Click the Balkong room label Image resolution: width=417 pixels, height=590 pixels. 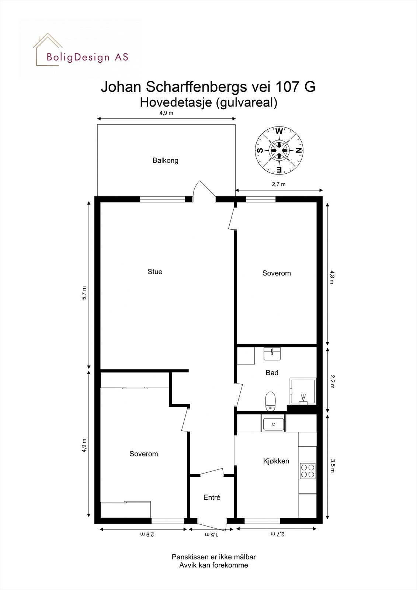point(166,160)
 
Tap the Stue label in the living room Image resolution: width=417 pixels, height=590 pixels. point(155,272)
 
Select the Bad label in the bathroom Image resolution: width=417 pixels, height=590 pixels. point(272,373)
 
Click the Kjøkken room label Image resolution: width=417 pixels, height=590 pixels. point(276,461)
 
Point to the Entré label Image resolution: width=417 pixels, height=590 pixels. point(212,497)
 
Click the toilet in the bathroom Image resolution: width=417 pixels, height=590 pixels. point(271,400)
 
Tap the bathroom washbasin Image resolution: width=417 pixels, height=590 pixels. point(272,354)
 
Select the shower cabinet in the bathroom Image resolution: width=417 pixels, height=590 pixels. point(303,392)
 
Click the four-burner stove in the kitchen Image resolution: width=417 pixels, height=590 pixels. point(308,471)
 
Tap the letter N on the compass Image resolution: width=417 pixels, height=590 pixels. point(299,150)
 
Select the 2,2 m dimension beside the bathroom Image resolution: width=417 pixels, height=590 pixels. point(332,381)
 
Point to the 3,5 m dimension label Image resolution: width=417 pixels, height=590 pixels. point(332,466)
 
